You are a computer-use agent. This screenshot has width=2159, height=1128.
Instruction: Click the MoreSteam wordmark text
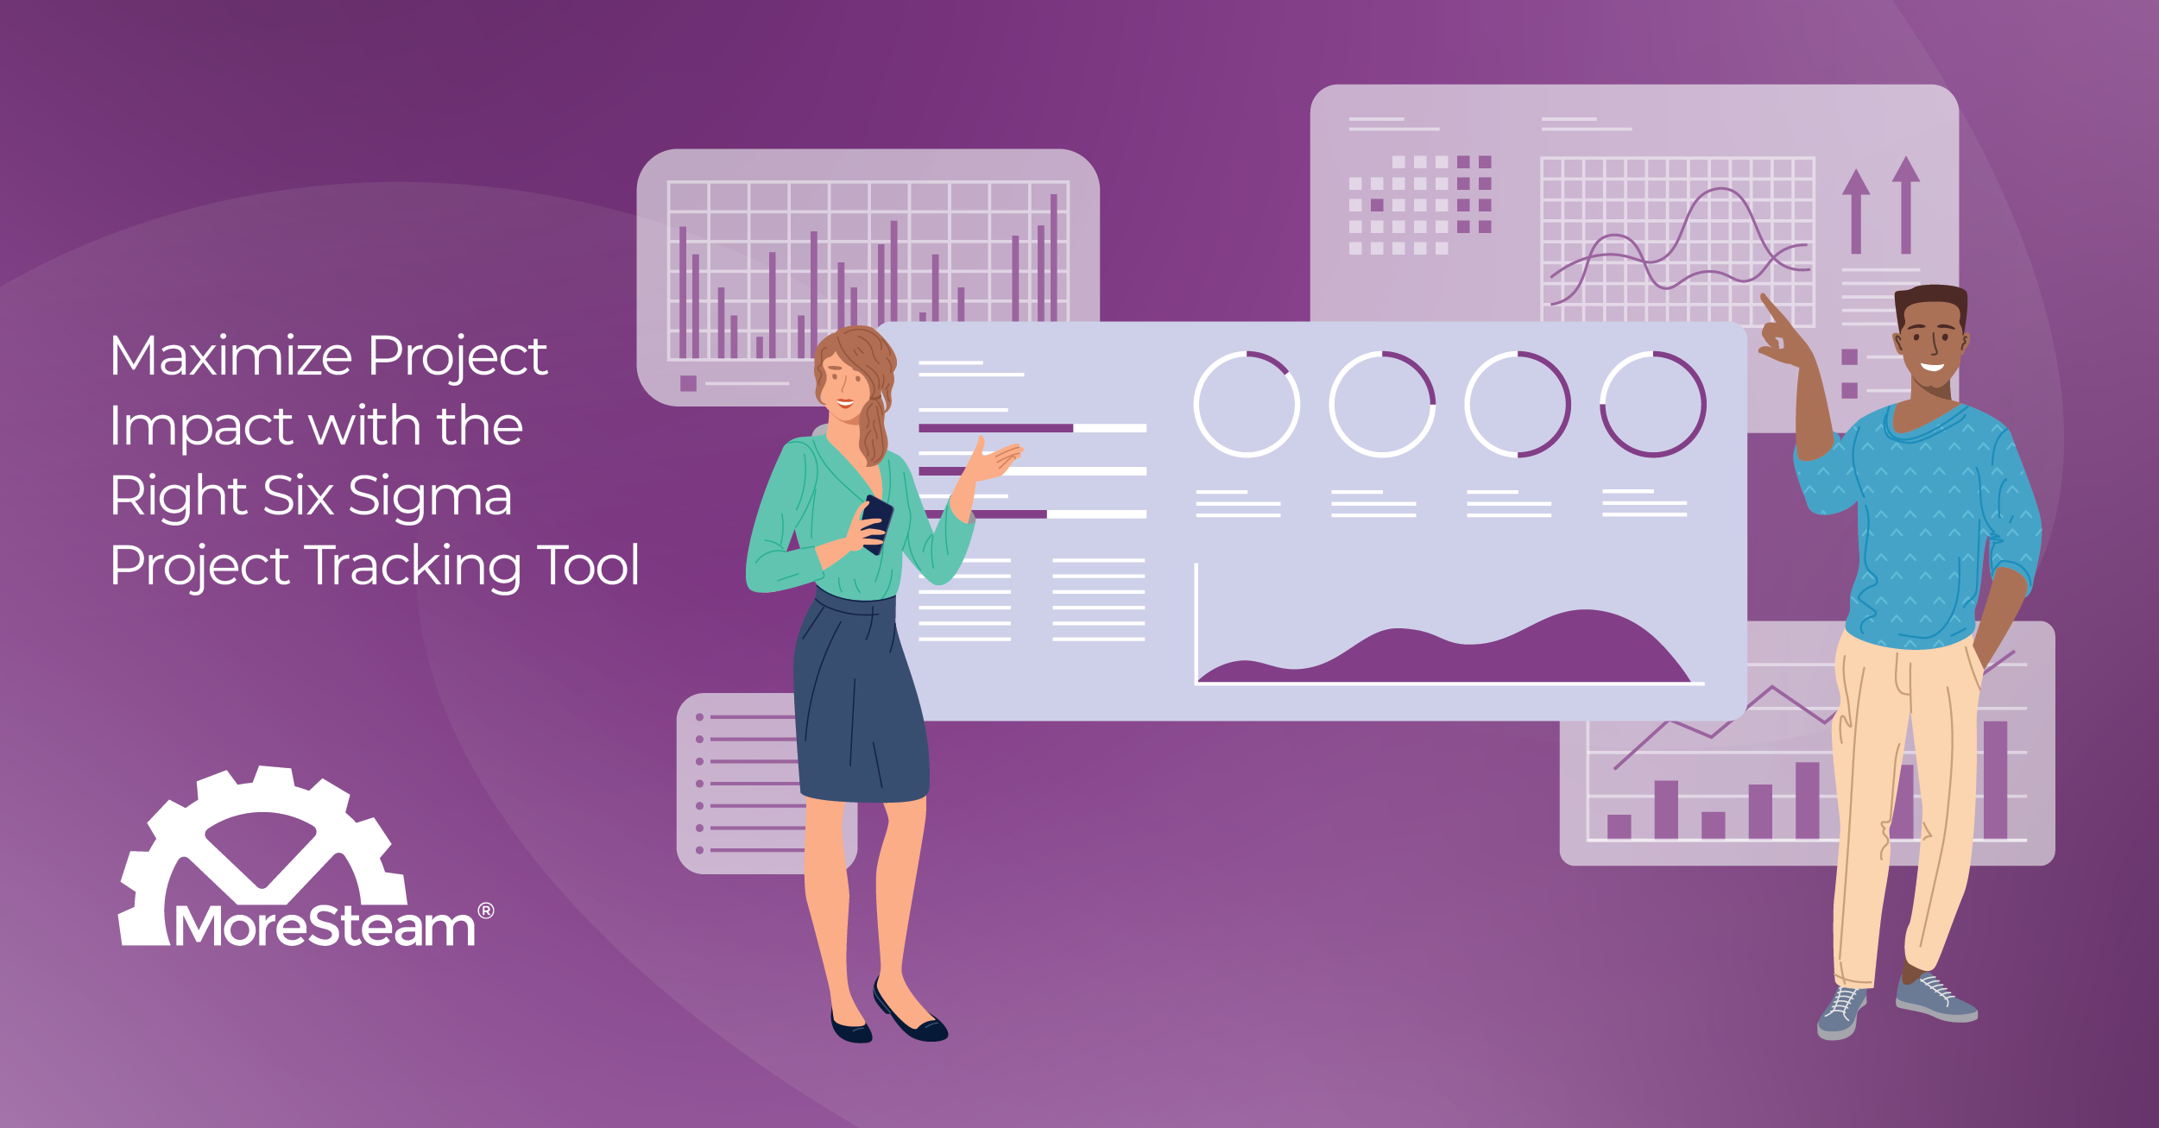pos(325,927)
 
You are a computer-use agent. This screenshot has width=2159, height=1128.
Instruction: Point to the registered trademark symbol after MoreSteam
pos(486,911)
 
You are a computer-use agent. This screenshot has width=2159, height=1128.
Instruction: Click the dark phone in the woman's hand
pos(876,523)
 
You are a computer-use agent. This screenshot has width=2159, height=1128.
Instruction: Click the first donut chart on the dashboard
pos(1247,404)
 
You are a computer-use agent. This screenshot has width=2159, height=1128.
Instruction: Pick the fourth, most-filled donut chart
pos(1652,404)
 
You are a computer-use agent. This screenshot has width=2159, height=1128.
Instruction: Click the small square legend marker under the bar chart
pos(688,383)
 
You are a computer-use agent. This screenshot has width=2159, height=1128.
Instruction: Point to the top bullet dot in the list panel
pos(699,717)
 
